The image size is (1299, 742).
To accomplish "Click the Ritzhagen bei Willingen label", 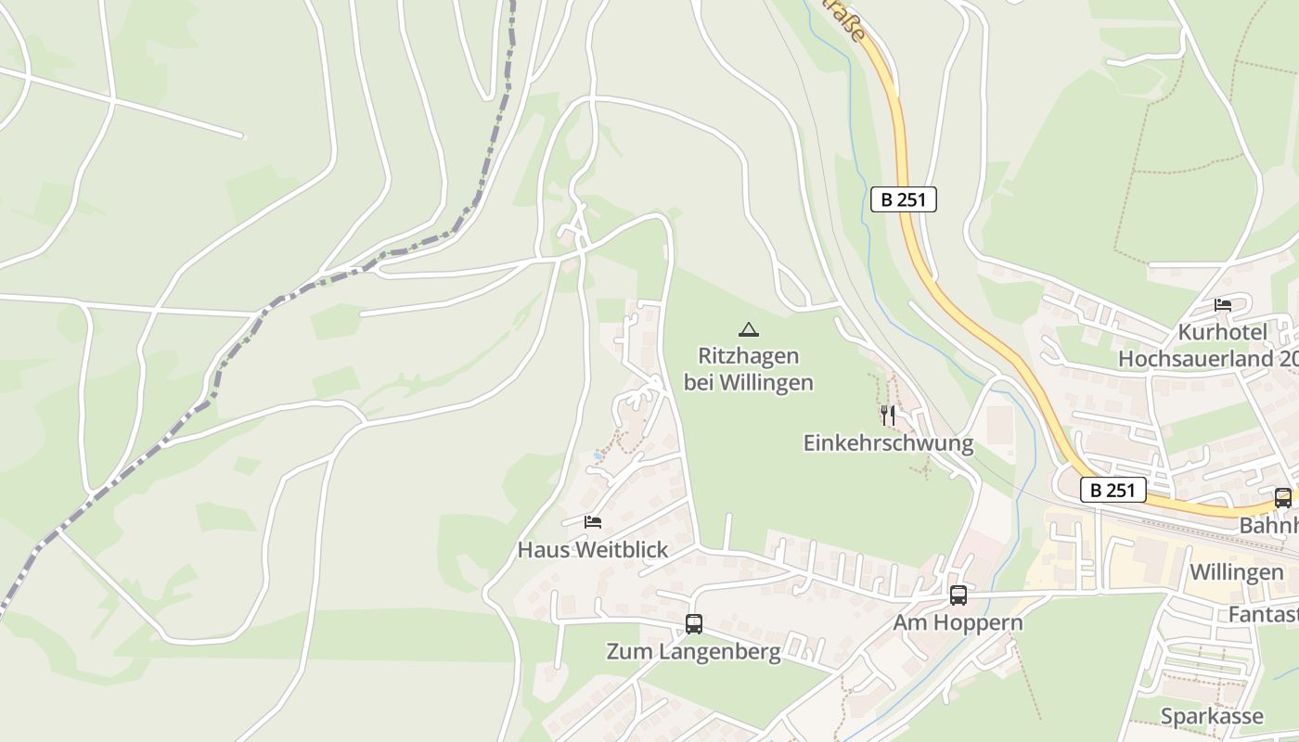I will pyautogui.click(x=748, y=369).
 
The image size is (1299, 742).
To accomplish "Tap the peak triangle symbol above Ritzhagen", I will pyautogui.click(x=748, y=329).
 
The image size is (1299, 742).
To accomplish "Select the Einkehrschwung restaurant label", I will pyautogui.click(x=888, y=443).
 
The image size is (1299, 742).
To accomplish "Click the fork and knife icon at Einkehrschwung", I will pyautogui.click(x=888, y=416).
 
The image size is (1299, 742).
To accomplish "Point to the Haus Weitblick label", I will pyautogui.click(x=592, y=550).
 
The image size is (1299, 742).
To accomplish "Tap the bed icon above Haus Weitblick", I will pyautogui.click(x=593, y=522).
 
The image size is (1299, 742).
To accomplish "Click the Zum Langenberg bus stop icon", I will pyautogui.click(x=693, y=624).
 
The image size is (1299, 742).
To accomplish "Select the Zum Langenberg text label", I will pyautogui.click(x=693, y=652).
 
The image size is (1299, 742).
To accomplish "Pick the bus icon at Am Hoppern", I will pyautogui.click(x=958, y=595).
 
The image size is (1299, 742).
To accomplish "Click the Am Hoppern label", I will pyautogui.click(x=958, y=622).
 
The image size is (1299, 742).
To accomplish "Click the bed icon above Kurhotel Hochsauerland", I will pyautogui.click(x=1223, y=305).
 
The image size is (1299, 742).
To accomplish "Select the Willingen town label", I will pyautogui.click(x=1236, y=572).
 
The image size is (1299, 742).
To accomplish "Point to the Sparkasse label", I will pyautogui.click(x=1212, y=716).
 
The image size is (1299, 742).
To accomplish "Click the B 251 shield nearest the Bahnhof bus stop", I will pyautogui.click(x=1113, y=490).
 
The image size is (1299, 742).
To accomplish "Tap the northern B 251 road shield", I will pyautogui.click(x=903, y=198).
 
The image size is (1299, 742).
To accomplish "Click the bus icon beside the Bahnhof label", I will pyautogui.click(x=1282, y=498).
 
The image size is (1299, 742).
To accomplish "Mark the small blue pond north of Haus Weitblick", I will pyautogui.click(x=598, y=456).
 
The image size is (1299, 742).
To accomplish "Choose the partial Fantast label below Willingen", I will pyautogui.click(x=1263, y=615).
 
